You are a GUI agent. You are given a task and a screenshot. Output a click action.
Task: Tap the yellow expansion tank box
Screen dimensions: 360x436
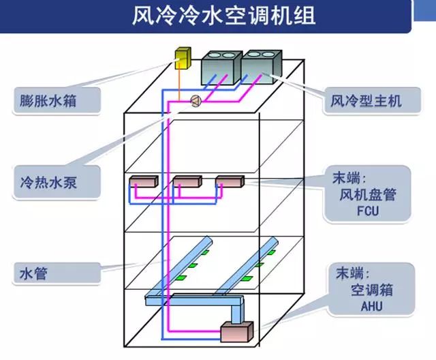click(183, 59)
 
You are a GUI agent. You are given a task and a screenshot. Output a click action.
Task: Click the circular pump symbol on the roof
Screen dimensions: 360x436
click(196, 101)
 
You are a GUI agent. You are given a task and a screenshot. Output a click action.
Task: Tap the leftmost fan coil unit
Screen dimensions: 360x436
click(143, 182)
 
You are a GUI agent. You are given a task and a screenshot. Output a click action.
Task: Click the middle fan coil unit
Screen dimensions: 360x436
click(186, 182)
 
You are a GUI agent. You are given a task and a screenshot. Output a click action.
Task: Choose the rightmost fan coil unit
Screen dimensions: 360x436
click(229, 182)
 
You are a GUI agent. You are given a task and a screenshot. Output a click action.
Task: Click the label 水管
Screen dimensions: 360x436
click(33, 274)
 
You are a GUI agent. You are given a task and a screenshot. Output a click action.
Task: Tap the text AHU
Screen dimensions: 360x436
click(368, 307)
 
